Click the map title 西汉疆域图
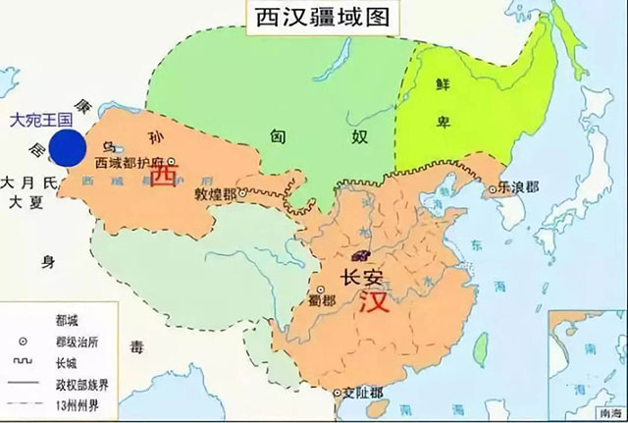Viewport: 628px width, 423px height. pyautogui.click(x=303, y=19)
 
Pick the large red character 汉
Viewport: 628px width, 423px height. pyautogui.click(x=374, y=302)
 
